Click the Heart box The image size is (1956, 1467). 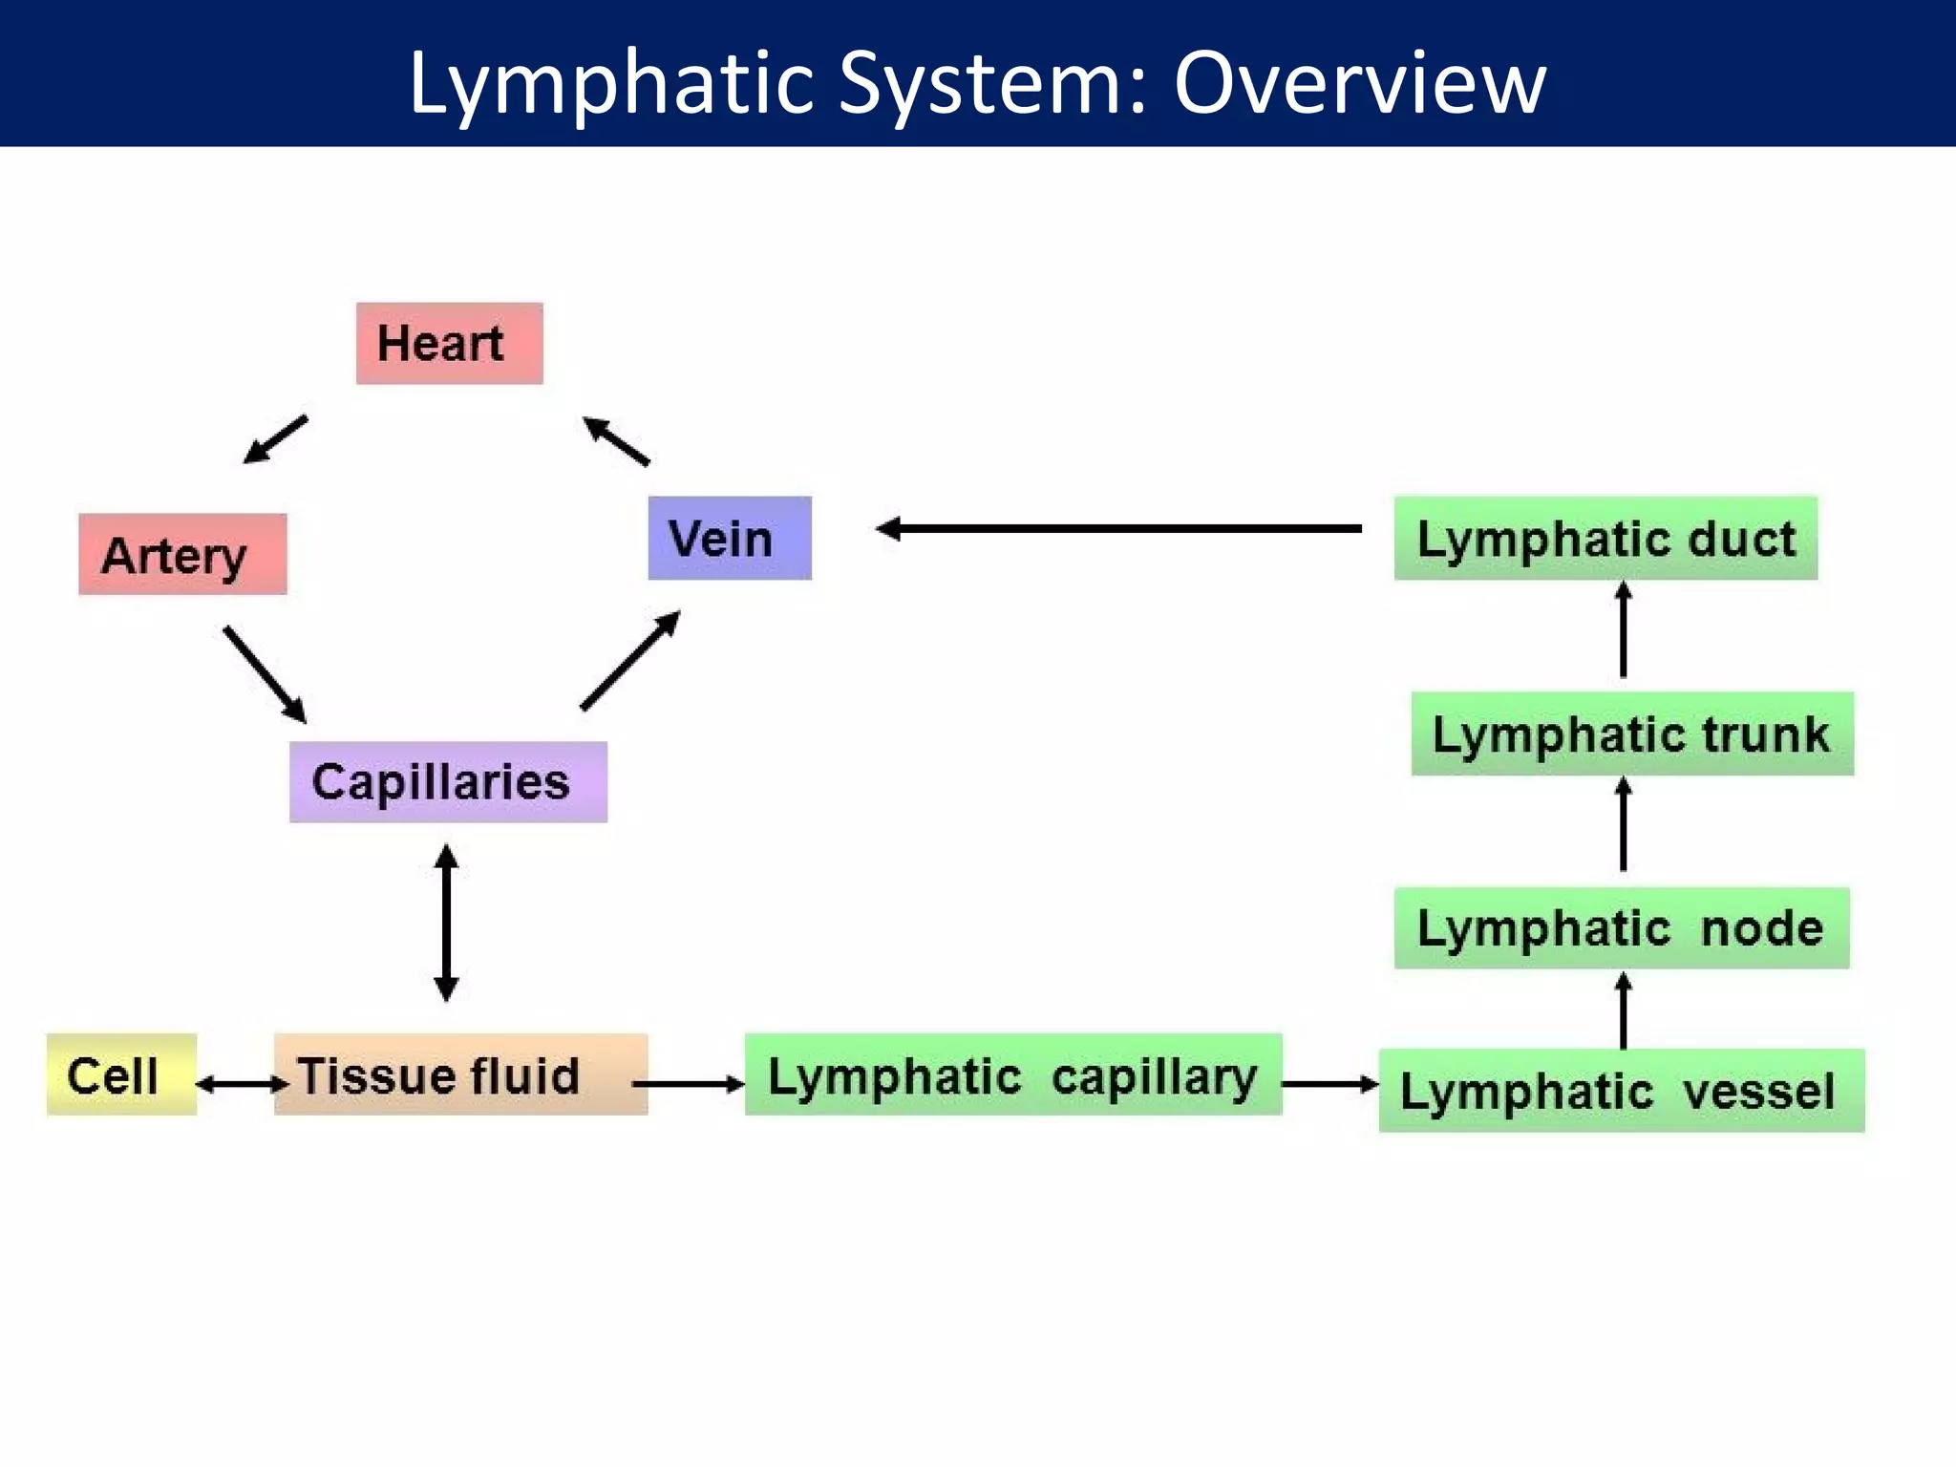coord(449,344)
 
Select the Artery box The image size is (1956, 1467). coord(182,554)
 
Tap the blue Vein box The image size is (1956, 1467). coord(730,538)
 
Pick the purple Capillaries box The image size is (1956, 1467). coord(448,781)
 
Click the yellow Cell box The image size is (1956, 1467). coord(121,1074)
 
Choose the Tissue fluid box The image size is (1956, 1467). coord(460,1074)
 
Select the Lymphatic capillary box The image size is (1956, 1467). coord(1012,1074)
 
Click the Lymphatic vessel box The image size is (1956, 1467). coord(1621,1090)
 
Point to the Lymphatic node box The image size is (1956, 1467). coord(1621,927)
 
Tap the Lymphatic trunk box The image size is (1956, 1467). coord(1631,733)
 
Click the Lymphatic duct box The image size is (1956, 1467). coord(1605,538)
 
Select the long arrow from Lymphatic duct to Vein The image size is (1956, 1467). coord(1117,528)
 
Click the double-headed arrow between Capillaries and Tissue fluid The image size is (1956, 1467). coord(446,923)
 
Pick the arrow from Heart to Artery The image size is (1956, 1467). coord(276,439)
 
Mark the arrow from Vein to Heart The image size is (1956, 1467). coord(616,441)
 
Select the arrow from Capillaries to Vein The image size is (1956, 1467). coord(630,661)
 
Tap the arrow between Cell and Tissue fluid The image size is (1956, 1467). coord(242,1084)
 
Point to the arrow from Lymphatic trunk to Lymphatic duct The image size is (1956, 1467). coord(1623,630)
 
